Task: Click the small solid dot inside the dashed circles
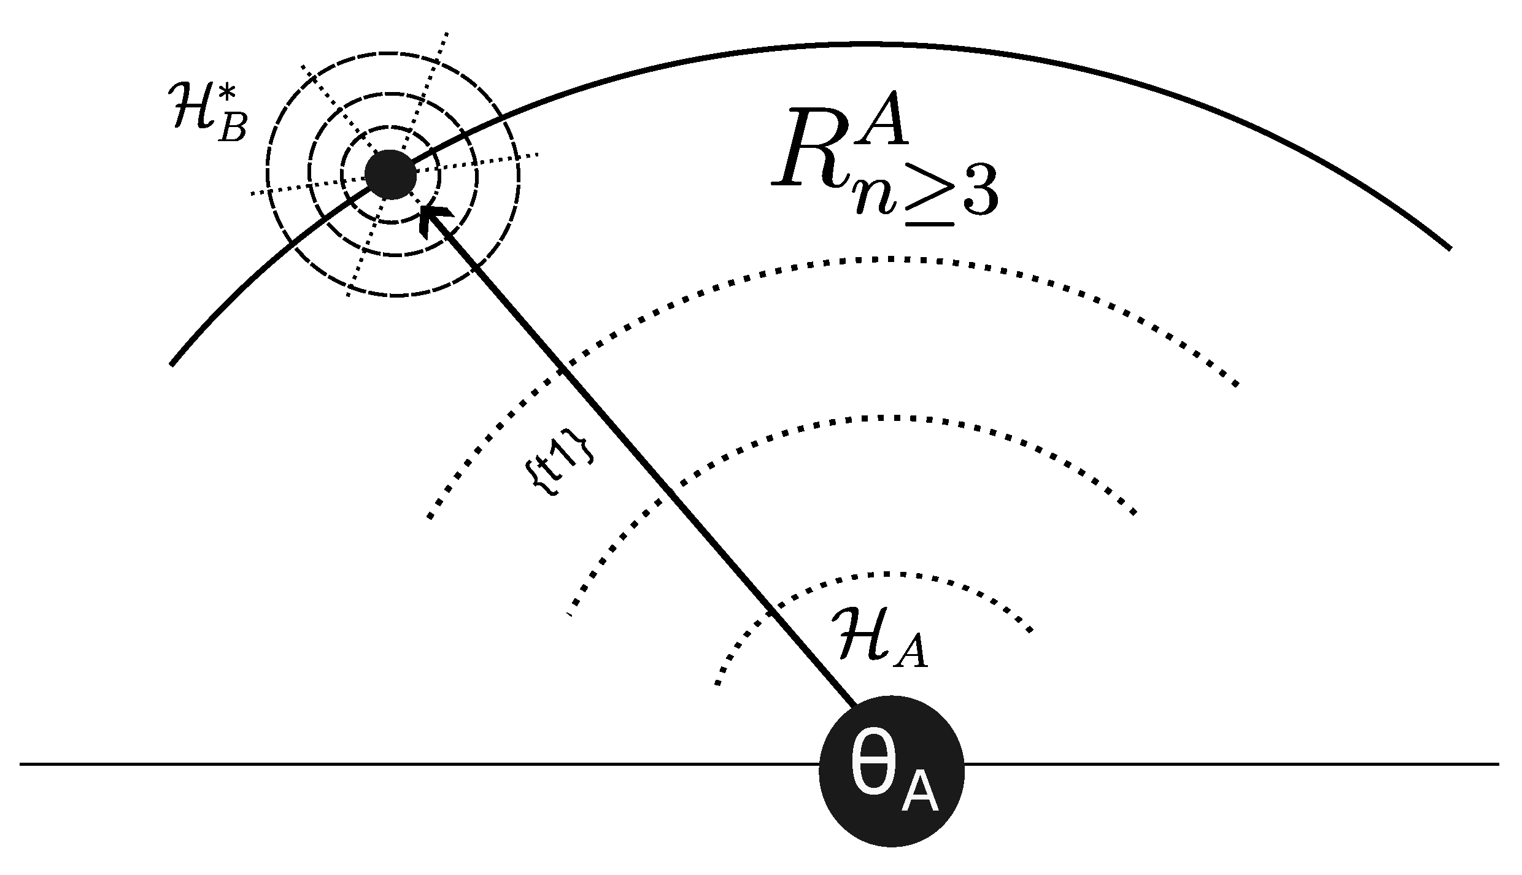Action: pyautogui.click(x=391, y=175)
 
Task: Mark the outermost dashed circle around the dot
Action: pyautogui.click(x=393, y=53)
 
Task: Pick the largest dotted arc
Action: pyautogui.click(x=884, y=260)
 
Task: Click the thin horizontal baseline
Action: pyautogui.click(x=430, y=764)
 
